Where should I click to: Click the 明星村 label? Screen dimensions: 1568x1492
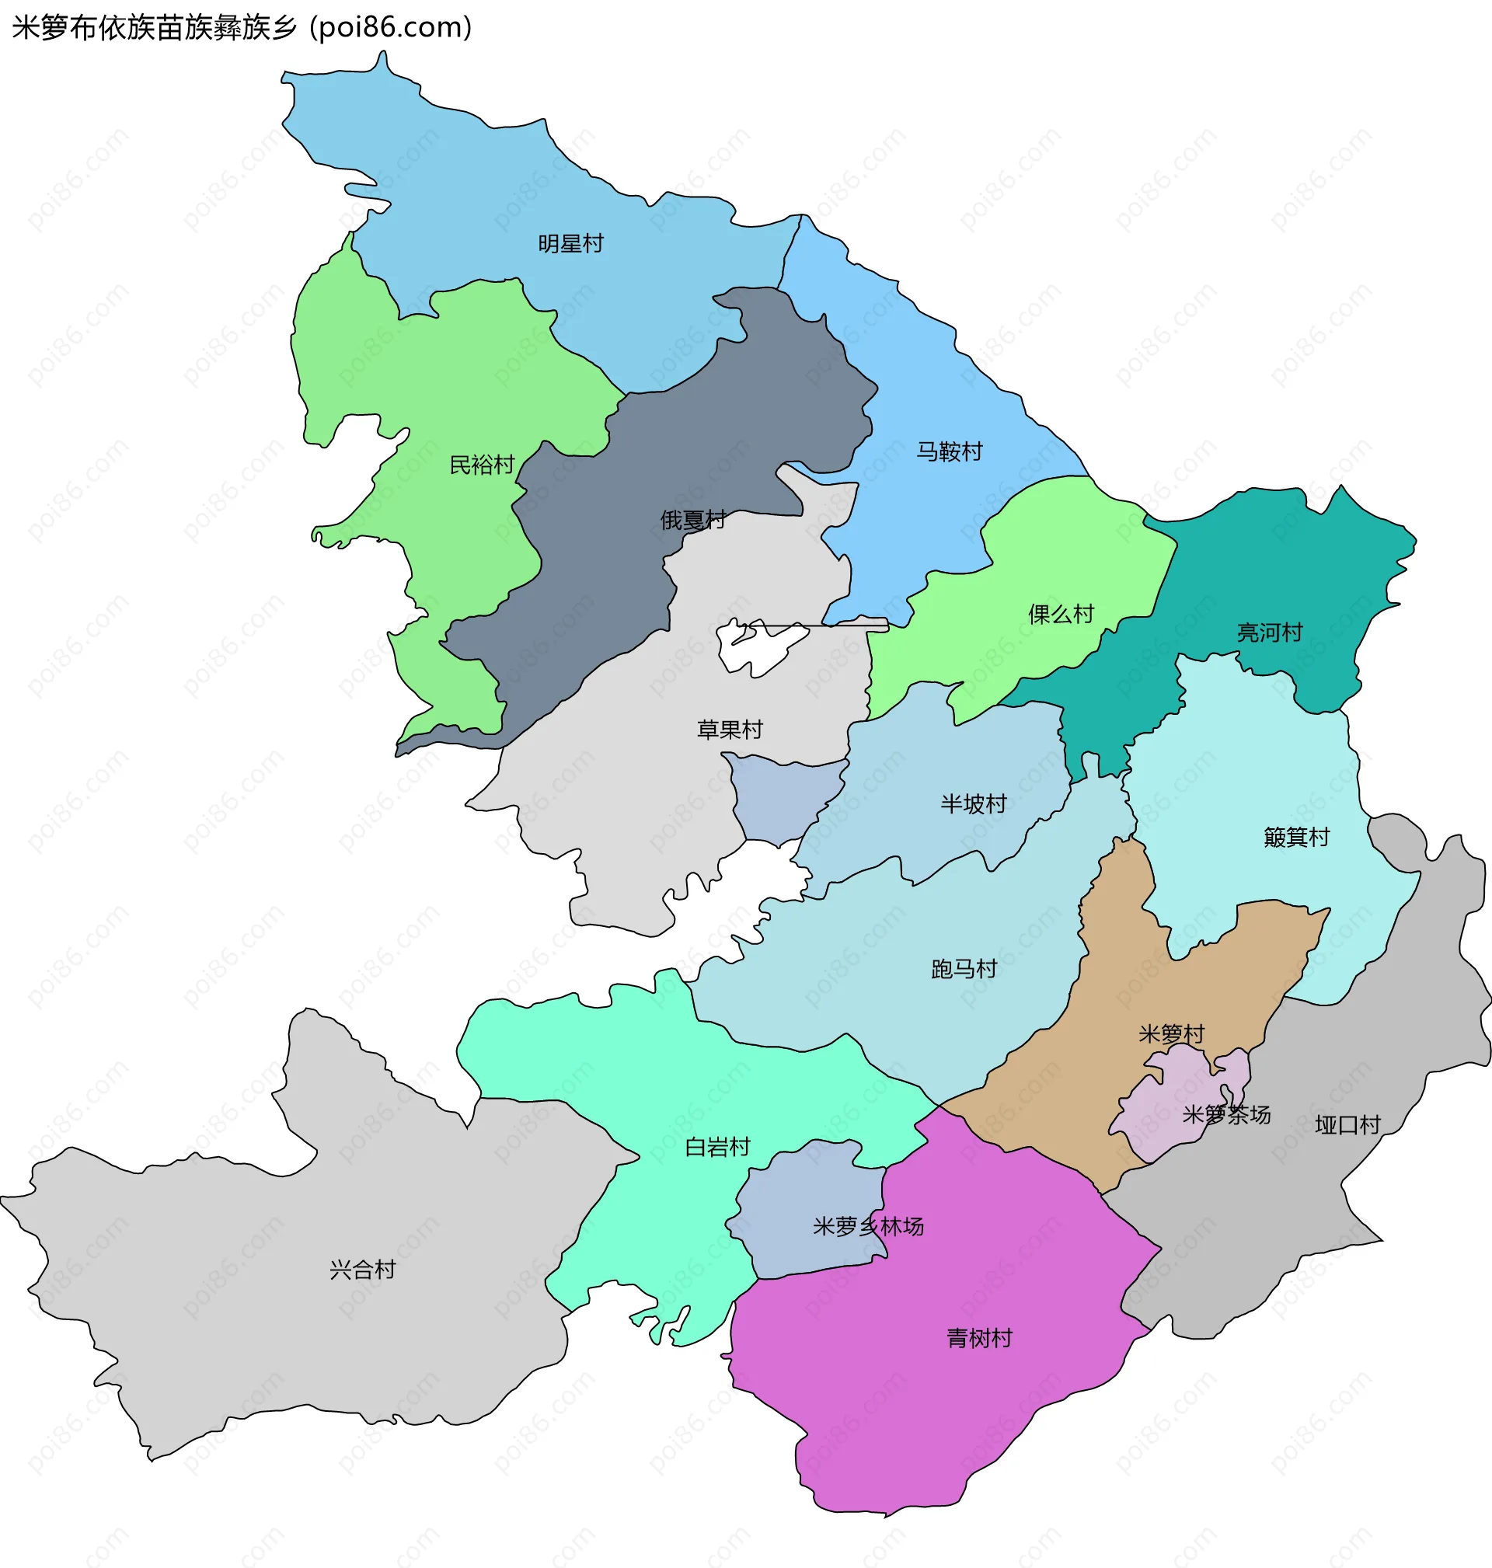570,243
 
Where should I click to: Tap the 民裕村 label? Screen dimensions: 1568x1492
482,465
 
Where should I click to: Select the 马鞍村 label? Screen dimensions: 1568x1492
949,451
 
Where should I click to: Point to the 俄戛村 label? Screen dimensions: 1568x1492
692,520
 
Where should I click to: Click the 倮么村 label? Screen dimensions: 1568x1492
1061,614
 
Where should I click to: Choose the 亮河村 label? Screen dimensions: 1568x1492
1269,633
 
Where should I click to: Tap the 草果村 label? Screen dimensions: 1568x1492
730,729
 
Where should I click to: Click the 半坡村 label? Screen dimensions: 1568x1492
974,804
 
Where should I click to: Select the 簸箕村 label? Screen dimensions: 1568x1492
1296,838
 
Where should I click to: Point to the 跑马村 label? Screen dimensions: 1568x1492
964,969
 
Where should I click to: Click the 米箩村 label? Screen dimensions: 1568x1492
1172,1034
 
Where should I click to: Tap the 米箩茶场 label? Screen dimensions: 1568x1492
1225,1115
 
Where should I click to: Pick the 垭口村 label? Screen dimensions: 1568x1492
1347,1125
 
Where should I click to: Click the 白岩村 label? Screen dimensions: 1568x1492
717,1148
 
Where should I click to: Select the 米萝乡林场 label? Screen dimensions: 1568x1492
868,1227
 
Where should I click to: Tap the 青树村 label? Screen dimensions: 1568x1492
979,1339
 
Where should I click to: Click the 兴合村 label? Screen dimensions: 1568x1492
363,1270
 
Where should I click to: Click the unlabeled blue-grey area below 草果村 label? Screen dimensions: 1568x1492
783,799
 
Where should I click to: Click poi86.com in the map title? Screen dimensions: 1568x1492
391,28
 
